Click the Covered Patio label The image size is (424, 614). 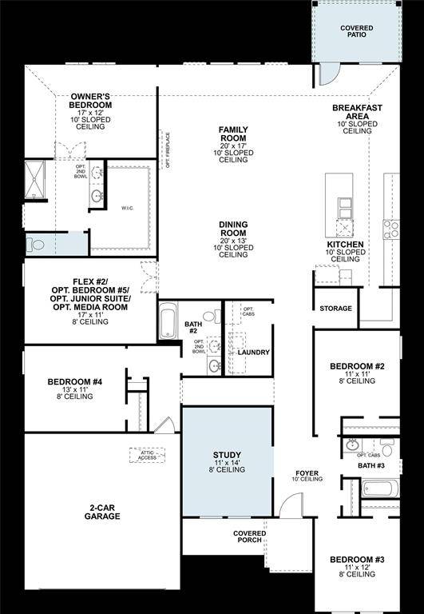point(356,32)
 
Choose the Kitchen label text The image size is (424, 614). point(345,245)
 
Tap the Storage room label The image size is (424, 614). point(335,308)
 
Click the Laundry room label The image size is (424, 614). point(253,352)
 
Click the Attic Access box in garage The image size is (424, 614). point(146,454)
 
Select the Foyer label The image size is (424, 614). point(307,475)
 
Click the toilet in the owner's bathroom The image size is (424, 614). point(38,243)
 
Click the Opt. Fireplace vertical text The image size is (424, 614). point(168,150)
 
